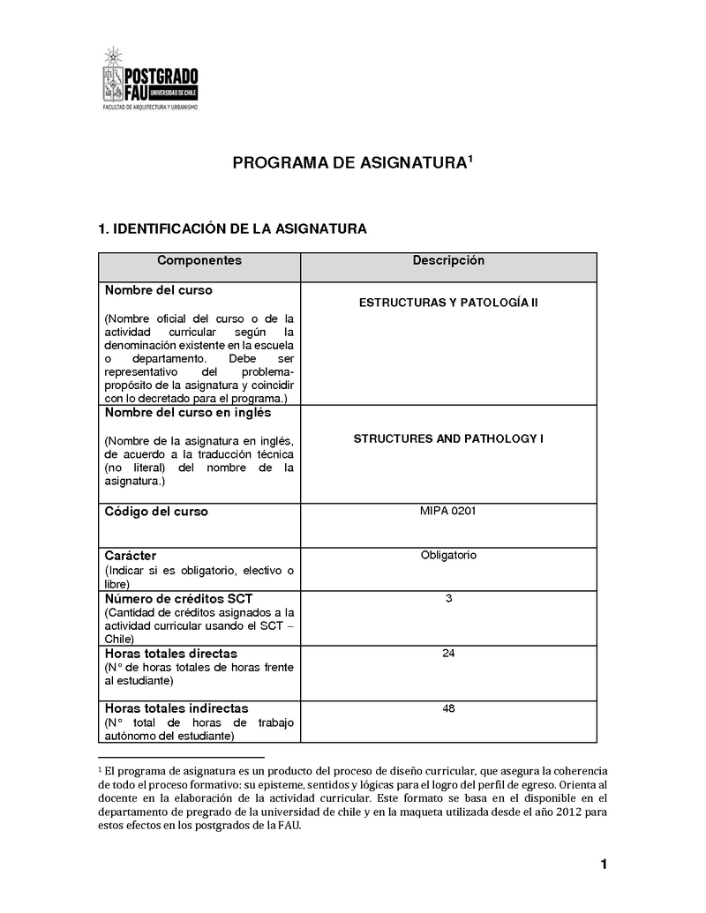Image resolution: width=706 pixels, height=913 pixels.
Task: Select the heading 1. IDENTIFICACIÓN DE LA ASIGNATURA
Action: (x=231, y=229)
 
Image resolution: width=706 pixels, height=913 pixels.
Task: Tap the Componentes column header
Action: (x=199, y=261)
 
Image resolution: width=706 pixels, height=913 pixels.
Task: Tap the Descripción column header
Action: (x=448, y=261)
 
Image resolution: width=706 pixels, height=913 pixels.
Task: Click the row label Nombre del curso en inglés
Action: (x=188, y=413)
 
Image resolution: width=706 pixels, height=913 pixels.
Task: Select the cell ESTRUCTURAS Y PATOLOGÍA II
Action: (x=448, y=303)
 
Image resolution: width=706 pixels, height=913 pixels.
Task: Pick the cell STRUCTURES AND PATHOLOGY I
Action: (x=448, y=438)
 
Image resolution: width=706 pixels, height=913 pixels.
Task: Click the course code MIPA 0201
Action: (x=448, y=510)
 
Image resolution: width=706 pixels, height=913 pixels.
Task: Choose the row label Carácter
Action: (x=131, y=557)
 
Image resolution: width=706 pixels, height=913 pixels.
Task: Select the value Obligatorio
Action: (x=448, y=555)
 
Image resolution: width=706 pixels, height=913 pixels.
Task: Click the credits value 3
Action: (x=448, y=599)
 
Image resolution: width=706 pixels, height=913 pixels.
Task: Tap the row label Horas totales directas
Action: (x=170, y=655)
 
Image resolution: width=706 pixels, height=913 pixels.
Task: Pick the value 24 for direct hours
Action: (x=448, y=654)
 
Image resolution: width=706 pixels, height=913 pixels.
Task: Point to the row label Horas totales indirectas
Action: (x=176, y=708)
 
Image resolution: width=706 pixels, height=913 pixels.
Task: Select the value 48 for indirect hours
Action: (x=448, y=707)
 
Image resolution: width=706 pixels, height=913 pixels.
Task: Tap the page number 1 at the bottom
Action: (x=604, y=864)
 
